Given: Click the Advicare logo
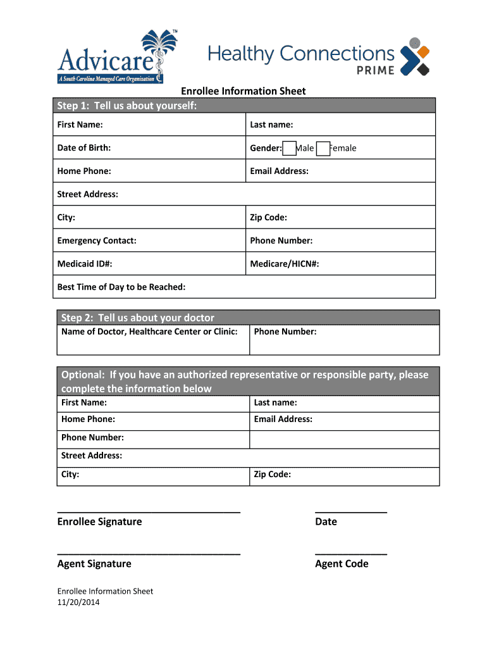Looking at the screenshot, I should [109, 57].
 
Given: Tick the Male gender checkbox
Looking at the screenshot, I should [289, 149].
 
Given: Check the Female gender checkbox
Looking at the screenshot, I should [323, 149].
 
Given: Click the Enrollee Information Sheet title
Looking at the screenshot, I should [244, 91].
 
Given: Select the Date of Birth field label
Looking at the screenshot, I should [84, 148].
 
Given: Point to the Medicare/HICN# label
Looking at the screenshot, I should [285, 264].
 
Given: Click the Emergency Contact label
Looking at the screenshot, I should [97, 240].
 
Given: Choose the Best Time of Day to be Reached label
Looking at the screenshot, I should [121, 287].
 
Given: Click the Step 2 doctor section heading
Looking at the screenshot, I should [137, 318].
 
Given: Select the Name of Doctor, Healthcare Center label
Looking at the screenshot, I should [149, 332].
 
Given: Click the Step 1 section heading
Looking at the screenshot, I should [127, 106].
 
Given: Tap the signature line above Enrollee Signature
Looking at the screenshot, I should [149, 511].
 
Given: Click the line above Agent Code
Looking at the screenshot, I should [351, 554].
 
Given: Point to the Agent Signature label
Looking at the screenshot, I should [94, 564].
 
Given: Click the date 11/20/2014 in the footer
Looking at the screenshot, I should [78, 602].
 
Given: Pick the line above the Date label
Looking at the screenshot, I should [351, 511].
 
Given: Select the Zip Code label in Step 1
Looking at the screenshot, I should [268, 218].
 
